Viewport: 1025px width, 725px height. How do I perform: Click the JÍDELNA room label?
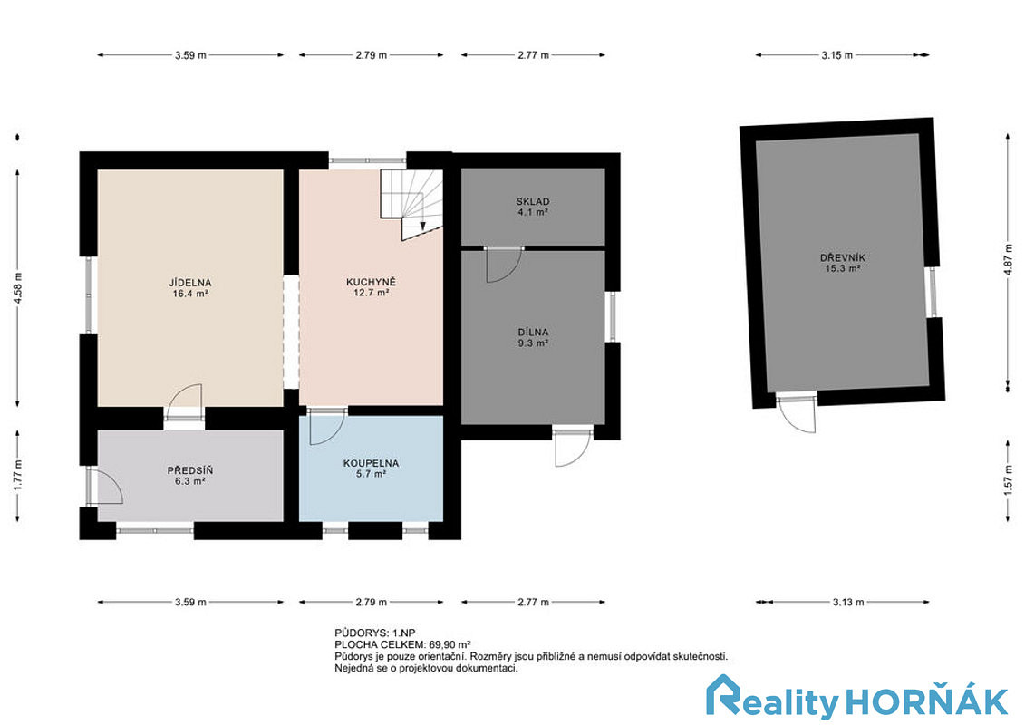[x=190, y=283]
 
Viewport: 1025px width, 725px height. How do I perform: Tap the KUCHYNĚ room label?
[x=372, y=283]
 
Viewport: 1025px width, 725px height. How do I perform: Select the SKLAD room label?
[x=533, y=201]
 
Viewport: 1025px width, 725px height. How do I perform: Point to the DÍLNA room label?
[x=533, y=332]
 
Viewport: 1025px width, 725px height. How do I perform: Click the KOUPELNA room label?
[x=371, y=463]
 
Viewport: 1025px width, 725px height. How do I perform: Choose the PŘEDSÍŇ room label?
[x=190, y=470]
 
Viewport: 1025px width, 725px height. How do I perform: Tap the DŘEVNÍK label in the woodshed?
[x=843, y=257]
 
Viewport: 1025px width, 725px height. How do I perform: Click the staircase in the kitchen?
[x=411, y=204]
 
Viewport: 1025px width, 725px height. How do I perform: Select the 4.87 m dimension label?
[x=1010, y=259]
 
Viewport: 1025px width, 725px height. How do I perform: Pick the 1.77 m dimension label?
[x=18, y=475]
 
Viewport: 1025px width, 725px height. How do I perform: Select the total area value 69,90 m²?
[x=450, y=644]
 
